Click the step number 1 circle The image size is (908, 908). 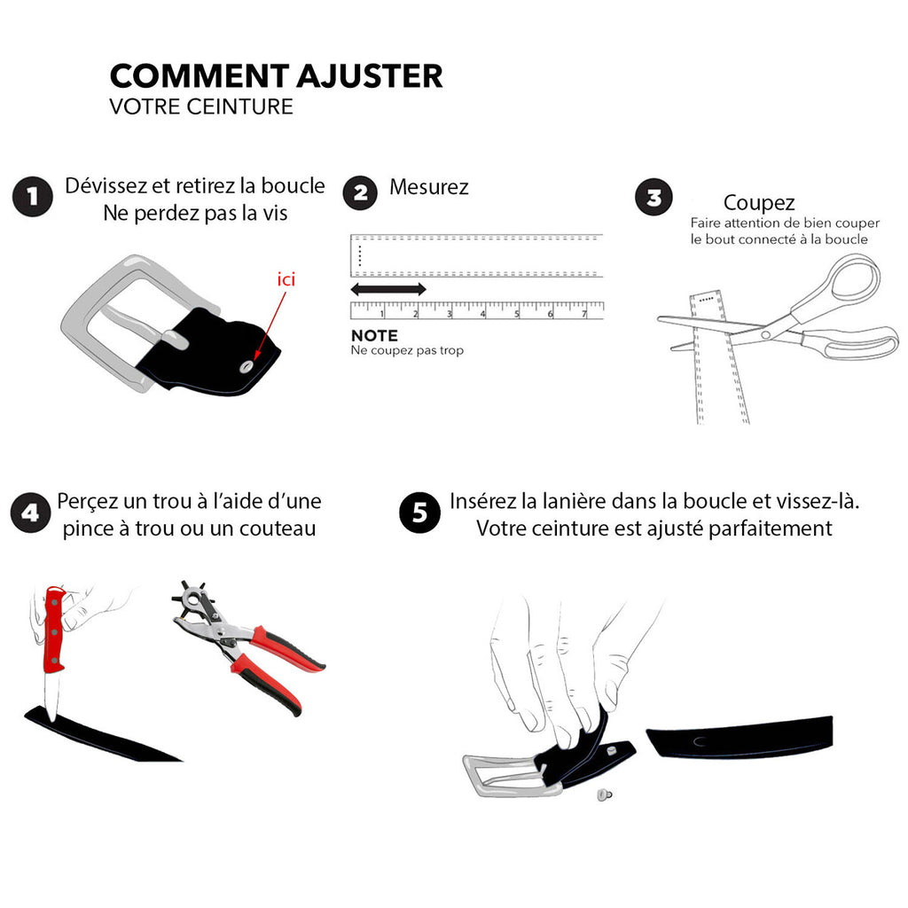click(x=33, y=197)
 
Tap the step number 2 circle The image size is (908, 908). click(x=360, y=192)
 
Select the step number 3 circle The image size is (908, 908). click(x=654, y=197)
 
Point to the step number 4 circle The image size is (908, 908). click(x=31, y=513)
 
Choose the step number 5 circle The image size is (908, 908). click(x=419, y=513)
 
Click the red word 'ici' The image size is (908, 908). click(x=286, y=279)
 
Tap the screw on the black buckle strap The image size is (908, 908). click(x=248, y=366)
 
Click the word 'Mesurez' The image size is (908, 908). click(x=429, y=187)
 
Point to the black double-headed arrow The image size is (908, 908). click(x=388, y=289)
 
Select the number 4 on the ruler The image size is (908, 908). click(x=483, y=314)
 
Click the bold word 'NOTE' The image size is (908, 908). click(x=375, y=335)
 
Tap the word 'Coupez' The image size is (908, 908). click(x=759, y=203)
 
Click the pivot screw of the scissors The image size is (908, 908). click(x=765, y=334)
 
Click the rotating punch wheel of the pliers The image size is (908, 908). click(x=194, y=600)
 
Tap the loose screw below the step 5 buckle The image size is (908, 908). click(x=604, y=795)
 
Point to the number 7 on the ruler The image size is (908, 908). click(x=584, y=314)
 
